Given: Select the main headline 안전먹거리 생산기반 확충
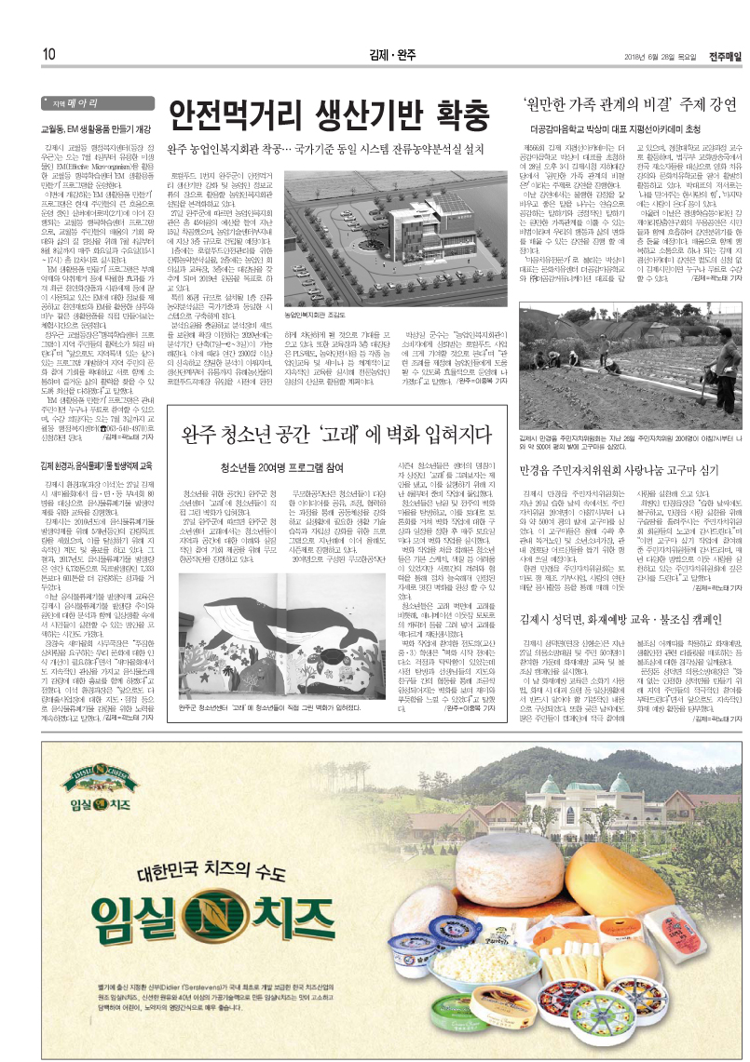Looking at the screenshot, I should point(330,114).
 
